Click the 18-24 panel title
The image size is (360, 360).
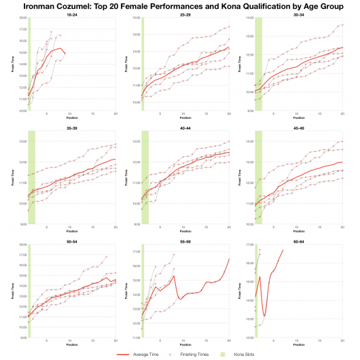click(x=71, y=14)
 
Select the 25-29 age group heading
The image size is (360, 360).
click(x=185, y=14)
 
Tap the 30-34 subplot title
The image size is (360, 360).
click(x=298, y=14)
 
